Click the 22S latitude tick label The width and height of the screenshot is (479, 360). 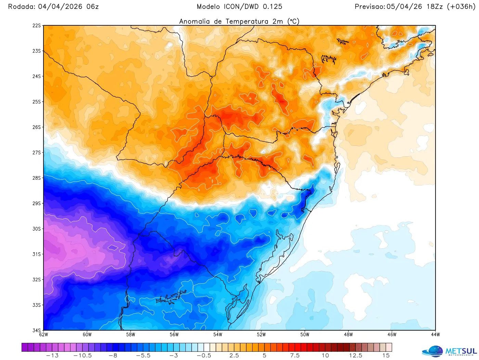click(37, 26)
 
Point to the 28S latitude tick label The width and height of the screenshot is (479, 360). click(37, 178)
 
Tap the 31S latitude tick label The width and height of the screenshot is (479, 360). click(37, 254)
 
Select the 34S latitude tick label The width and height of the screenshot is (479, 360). click(37, 330)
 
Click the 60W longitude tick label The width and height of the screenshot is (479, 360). click(87, 335)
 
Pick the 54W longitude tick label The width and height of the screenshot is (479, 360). click(218, 335)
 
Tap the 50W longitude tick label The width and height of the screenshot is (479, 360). click(305, 335)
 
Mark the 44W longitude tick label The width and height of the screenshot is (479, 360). click(435, 335)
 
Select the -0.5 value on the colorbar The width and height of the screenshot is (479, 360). click(204, 356)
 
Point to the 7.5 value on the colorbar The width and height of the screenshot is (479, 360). click(295, 356)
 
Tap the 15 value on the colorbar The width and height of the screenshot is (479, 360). click(386, 356)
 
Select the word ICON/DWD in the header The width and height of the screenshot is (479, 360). click(241, 7)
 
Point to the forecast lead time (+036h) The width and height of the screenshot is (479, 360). click(461, 7)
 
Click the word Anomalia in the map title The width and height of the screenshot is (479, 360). click(194, 21)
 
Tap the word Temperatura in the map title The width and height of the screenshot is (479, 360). click(247, 21)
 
